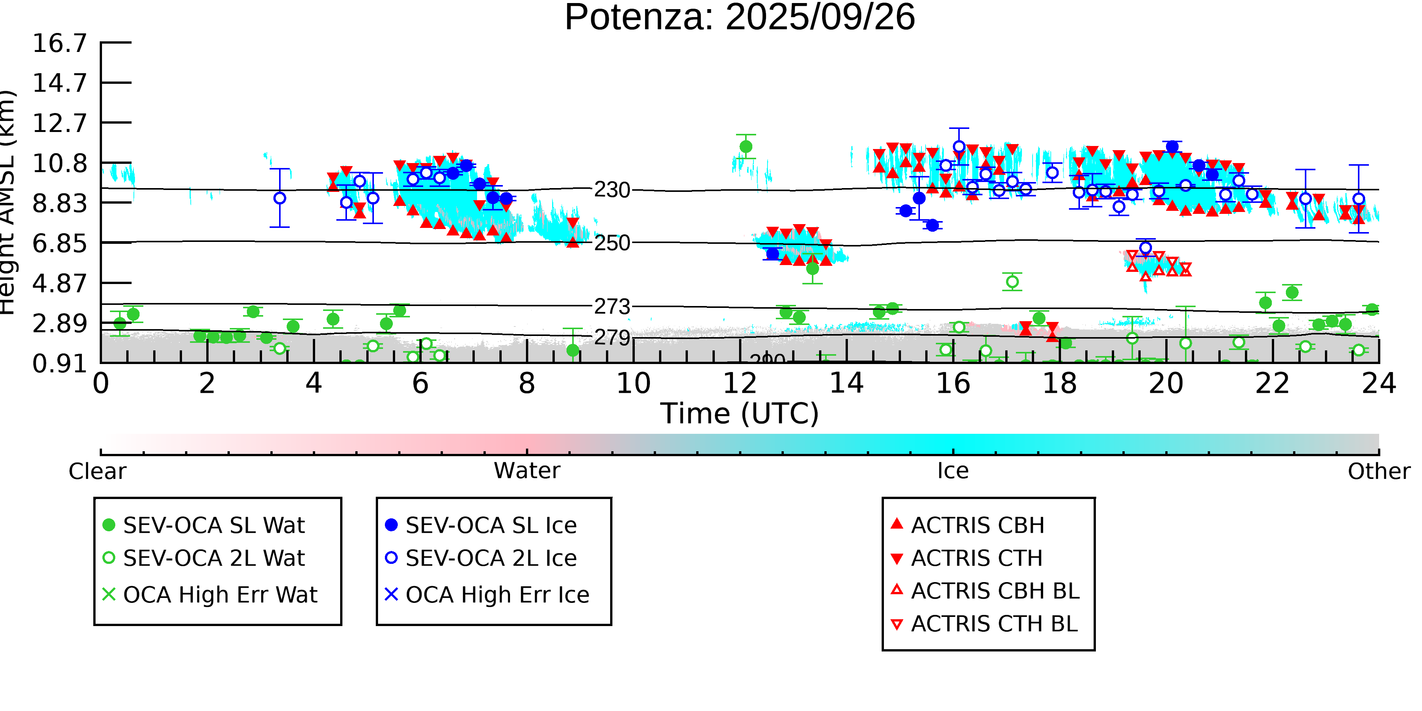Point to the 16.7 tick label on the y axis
pos(60,43)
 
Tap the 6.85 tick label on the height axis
pos(60,243)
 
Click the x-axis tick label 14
pos(846,383)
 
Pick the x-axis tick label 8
pos(527,383)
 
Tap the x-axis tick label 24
pos(1378,383)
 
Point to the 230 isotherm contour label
pos(612,190)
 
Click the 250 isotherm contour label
pos(612,243)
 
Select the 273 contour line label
pos(612,306)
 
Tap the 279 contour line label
pos(612,337)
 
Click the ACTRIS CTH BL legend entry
pos(994,624)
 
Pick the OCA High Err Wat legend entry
pos(220,595)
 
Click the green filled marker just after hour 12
pos(746,146)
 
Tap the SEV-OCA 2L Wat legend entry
pos(213,558)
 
